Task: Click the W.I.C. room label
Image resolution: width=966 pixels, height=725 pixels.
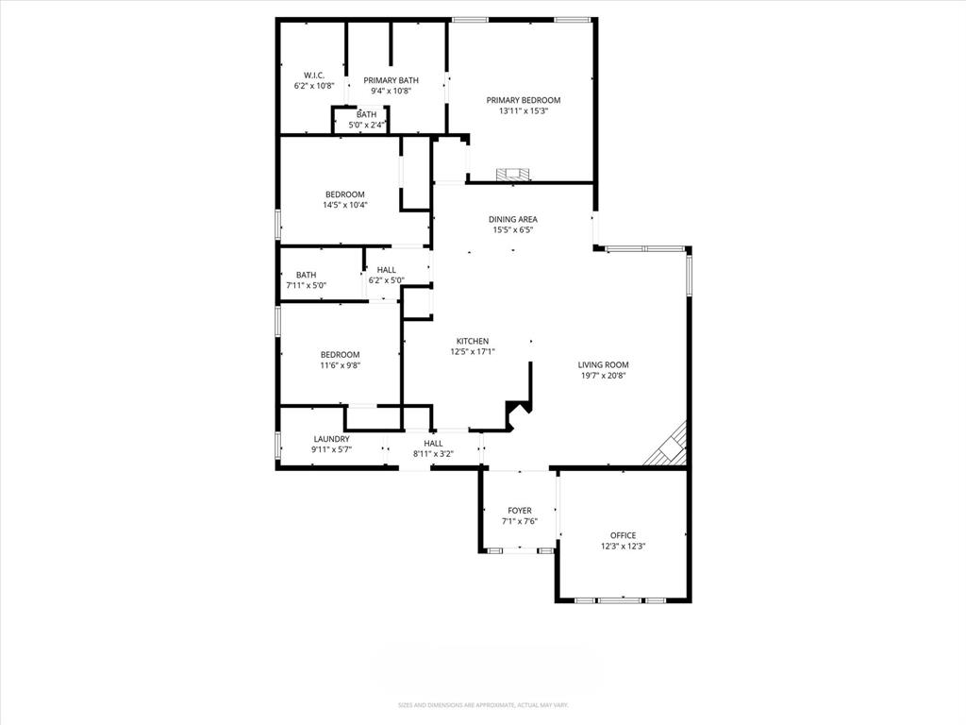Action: (314, 75)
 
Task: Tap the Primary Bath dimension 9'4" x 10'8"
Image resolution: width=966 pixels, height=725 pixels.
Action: (391, 92)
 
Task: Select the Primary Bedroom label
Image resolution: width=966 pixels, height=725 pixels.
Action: (524, 100)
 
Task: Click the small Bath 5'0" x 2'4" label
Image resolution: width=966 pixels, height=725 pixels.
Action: (366, 115)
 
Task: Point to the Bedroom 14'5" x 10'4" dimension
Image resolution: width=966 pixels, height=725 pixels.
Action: (344, 205)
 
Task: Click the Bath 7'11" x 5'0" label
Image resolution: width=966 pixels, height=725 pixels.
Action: (306, 275)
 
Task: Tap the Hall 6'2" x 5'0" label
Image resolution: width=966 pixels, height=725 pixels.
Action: (386, 270)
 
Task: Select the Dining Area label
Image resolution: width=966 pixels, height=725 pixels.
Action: (513, 219)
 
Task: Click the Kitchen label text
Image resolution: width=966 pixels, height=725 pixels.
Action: (473, 341)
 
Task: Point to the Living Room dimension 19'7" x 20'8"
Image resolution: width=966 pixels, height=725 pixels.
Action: (603, 376)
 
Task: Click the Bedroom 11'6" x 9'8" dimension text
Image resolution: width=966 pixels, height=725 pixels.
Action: (340, 365)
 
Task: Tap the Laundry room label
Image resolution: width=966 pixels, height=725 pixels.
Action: (331, 439)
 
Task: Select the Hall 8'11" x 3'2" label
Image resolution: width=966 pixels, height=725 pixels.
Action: (433, 444)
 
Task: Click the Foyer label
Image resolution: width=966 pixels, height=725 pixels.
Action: (520, 511)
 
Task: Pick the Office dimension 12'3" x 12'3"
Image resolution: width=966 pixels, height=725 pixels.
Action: (623, 546)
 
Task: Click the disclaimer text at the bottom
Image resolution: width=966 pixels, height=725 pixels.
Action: (482, 705)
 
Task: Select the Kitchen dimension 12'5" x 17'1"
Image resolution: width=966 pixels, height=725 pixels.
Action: (473, 351)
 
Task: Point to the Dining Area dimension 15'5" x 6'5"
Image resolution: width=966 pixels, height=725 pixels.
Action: (513, 229)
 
